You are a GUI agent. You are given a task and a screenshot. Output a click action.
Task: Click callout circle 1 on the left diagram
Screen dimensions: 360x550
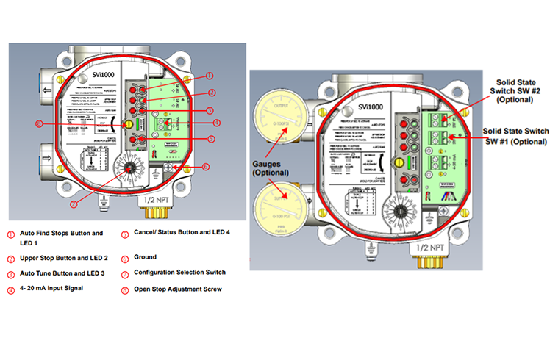pyautogui.click(x=209, y=75)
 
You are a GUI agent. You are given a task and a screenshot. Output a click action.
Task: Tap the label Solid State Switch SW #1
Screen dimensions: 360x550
pyautogui.click(x=514, y=135)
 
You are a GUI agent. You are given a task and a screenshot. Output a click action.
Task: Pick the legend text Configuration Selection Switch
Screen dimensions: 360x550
pyautogui.click(x=179, y=273)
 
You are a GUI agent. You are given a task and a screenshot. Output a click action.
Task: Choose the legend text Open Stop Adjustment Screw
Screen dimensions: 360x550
pyautogui.click(x=177, y=289)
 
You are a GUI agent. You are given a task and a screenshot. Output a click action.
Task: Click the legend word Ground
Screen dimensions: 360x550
pyautogui.click(x=144, y=257)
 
